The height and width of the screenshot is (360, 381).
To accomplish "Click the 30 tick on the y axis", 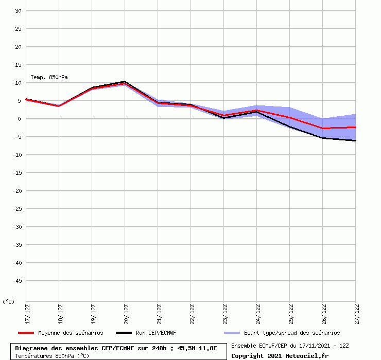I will point(18,11).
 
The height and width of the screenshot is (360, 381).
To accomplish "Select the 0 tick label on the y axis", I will point(19,119).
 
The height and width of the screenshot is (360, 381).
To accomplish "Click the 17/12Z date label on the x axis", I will point(26,313).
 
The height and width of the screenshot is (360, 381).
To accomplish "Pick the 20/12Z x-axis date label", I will point(125,313).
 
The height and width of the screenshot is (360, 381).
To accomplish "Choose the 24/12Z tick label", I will point(257,313).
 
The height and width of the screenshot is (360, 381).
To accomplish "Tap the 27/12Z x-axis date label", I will point(356,313).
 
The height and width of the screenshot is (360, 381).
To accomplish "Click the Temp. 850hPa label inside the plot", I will point(49,77).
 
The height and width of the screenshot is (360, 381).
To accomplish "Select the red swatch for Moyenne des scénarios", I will point(26,333).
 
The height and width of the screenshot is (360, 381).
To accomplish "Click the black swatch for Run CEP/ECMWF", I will point(124,333).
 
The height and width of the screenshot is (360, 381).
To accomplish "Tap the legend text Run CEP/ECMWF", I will point(156,333).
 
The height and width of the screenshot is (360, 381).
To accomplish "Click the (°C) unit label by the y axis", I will point(9,302).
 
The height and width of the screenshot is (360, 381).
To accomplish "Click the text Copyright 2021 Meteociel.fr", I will point(280,356).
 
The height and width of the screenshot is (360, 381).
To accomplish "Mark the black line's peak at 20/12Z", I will point(125,81).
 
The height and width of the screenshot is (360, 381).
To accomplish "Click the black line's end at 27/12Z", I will point(355,140).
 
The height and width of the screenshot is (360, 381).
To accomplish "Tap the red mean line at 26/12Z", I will point(322,128).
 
